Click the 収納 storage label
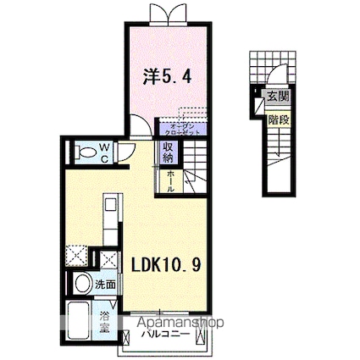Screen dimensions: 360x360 click(x=169, y=152)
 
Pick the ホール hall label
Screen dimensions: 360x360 click(x=170, y=181)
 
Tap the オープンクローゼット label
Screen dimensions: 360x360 click(x=180, y=129)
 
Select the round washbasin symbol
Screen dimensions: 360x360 click(x=82, y=283)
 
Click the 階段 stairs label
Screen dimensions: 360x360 click(x=277, y=119)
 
